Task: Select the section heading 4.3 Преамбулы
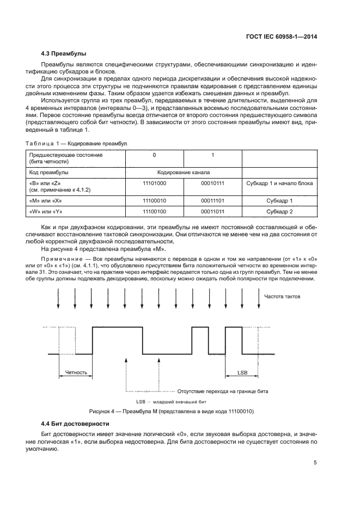pos(64,53)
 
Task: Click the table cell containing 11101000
pos(154,183)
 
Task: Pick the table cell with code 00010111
pos(212,183)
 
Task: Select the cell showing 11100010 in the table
pos(154,201)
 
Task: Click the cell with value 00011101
pos(212,201)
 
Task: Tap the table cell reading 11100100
pos(154,211)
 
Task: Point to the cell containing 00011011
pos(212,211)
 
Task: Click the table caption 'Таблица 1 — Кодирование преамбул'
pos(76,143)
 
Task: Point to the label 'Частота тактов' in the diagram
pos(282,297)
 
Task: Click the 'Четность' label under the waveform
pos(76,373)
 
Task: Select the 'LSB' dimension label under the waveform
pos(241,373)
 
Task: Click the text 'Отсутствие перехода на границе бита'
pos(223,391)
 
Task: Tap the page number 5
pos(315,463)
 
